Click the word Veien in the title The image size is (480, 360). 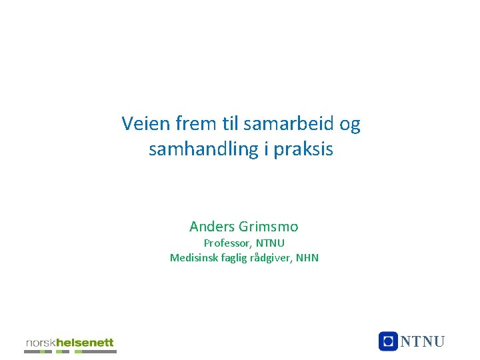(143, 123)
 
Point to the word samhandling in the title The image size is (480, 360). (203, 149)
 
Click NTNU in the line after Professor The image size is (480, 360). (270, 243)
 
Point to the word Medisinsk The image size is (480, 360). (193, 257)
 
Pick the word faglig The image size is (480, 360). (234, 258)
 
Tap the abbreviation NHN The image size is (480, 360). (307, 257)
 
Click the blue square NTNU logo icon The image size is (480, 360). (387, 341)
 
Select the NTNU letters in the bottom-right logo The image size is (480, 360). (422, 342)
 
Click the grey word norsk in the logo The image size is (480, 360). (41, 343)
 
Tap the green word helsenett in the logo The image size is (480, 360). (85, 343)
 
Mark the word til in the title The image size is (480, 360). (231, 123)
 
